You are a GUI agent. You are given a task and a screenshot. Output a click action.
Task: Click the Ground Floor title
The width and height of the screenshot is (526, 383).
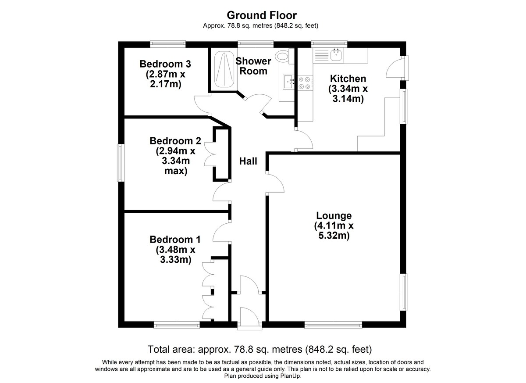(262, 15)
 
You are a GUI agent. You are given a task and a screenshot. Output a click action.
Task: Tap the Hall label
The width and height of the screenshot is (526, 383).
(248, 161)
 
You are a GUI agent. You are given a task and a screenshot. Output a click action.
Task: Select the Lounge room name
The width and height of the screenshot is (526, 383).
(334, 215)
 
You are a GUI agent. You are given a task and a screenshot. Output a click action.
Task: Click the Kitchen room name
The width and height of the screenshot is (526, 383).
(348, 79)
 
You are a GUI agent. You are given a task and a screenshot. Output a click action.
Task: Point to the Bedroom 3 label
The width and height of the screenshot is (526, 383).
(165, 64)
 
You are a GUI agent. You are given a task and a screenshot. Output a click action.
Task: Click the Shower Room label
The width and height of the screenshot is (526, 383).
(253, 66)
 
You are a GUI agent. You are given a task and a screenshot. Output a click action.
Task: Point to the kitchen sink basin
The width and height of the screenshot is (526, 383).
(337, 55)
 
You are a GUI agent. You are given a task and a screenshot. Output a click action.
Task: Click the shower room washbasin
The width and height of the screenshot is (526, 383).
(288, 82)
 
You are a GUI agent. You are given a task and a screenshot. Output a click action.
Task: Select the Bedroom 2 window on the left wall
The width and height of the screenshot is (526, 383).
(121, 163)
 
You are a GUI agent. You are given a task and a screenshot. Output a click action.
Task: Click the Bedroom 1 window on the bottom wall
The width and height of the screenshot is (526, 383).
(177, 326)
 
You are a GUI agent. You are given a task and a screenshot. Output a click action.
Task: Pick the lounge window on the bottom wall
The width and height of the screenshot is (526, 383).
(333, 326)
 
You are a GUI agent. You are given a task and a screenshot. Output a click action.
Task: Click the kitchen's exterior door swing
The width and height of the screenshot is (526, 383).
(394, 68)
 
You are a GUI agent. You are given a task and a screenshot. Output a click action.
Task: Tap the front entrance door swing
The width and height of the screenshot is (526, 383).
(249, 315)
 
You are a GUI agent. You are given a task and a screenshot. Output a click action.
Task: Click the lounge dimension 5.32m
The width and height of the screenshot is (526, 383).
(334, 236)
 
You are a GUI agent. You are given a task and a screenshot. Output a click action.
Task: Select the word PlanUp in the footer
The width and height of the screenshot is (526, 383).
(291, 376)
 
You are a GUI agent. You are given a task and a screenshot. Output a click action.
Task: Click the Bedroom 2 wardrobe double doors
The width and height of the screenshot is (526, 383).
(210, 154)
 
